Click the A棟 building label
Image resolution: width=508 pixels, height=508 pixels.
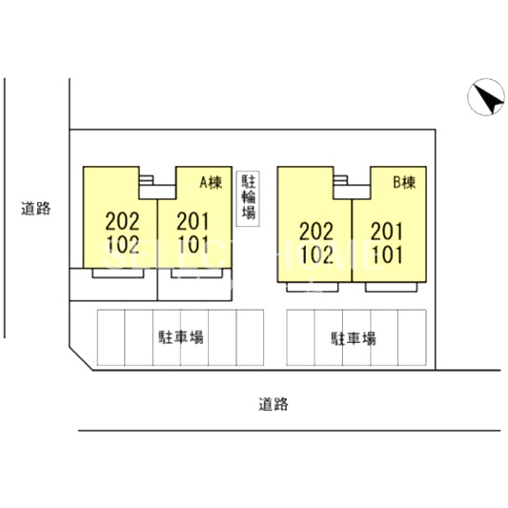click(211, 183)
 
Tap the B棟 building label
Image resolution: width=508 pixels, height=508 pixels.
click(404, 183)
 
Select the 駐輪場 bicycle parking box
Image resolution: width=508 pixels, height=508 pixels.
click(248, 198)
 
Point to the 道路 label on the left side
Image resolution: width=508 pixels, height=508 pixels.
click(36, 209)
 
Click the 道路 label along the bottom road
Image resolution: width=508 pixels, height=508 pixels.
click(274, 404)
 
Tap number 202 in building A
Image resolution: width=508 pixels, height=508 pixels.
click(122, 221)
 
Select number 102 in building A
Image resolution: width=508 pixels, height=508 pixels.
click(123, 244)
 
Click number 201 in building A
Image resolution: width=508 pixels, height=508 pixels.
click(193, 221)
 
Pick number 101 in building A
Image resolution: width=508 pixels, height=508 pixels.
click(193, 244)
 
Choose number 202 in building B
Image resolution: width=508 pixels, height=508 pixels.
click(316, 232)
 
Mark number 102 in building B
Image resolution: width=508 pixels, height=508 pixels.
click(316, 254)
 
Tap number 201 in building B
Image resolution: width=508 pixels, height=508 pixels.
click(387, 232)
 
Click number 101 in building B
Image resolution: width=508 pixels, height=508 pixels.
click(387, 254)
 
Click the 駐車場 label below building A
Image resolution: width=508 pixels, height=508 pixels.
click(181, 337)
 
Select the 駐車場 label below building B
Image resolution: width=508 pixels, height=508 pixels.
click(354, 338)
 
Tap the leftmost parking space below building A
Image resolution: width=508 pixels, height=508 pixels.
click(112, 337)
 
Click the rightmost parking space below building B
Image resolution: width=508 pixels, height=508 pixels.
click(412, 337)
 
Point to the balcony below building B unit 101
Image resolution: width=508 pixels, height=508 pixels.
click(392, 287)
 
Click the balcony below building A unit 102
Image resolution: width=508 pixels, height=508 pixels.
click(118, 274)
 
